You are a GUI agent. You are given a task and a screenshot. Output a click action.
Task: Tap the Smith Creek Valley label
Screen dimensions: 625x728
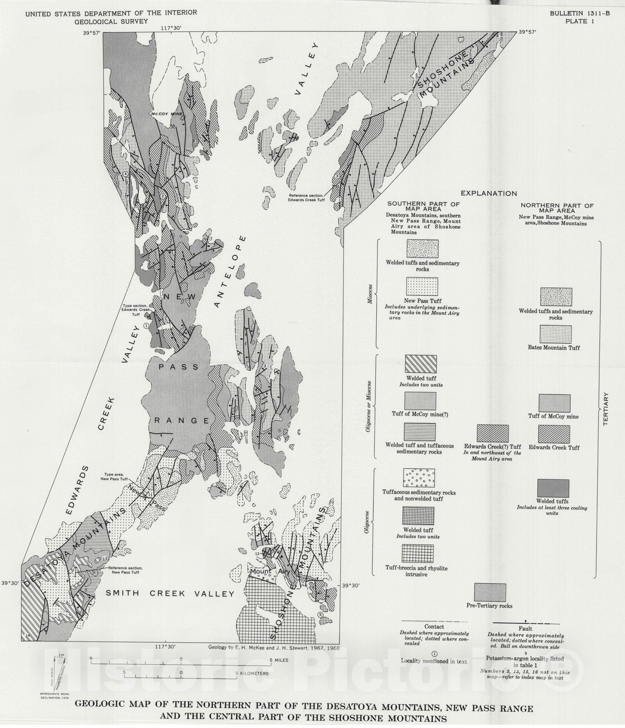[170, 593]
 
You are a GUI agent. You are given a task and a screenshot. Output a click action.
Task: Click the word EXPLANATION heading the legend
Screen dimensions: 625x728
[489, 193]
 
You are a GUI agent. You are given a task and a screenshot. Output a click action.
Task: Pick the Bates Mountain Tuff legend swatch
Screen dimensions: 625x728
[555, 334]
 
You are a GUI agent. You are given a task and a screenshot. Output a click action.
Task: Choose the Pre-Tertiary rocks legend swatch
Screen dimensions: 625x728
[490, 592]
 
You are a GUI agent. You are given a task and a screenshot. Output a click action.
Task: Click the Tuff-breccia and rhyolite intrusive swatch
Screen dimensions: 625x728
[418, 553]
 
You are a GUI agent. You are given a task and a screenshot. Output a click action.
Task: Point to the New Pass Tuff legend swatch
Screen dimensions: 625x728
[422, 287]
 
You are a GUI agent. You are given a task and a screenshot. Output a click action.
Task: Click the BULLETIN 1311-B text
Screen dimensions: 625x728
[580, 14]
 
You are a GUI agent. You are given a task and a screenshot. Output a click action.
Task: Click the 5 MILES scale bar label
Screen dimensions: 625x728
[279, 660]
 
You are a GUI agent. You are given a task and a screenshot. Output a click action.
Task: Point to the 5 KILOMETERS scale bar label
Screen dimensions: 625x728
[252, 673]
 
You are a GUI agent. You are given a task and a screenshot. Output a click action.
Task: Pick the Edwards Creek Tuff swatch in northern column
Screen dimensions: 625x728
[554, 434]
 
